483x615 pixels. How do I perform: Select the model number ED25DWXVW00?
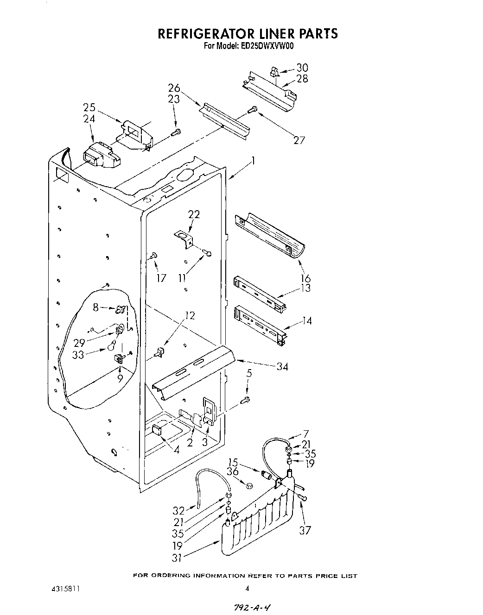pos(266,46)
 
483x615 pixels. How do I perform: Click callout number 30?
pos(302,68)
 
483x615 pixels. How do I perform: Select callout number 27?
pos(299,140)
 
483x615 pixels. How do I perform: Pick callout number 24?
pos(89,119)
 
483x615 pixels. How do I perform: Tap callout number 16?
pos(305,278)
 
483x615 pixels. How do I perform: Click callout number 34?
pos(282,367)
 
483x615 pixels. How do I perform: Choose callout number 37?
pos(305,530)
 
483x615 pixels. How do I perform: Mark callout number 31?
pos(177,558)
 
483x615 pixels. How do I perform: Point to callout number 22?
pos(194,214)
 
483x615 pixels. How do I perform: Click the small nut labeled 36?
pos(248,486)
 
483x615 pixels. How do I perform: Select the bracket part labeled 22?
pos(184,238)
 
